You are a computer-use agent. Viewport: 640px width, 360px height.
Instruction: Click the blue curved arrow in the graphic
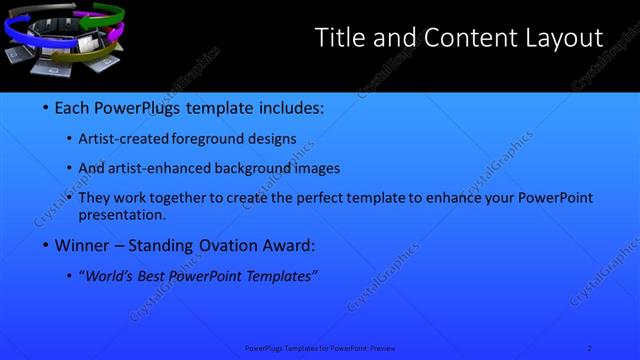[17, 31]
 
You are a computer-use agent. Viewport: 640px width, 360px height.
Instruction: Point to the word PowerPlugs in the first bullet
[141, 108]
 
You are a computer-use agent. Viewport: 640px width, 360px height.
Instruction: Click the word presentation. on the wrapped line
[128, 215]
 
